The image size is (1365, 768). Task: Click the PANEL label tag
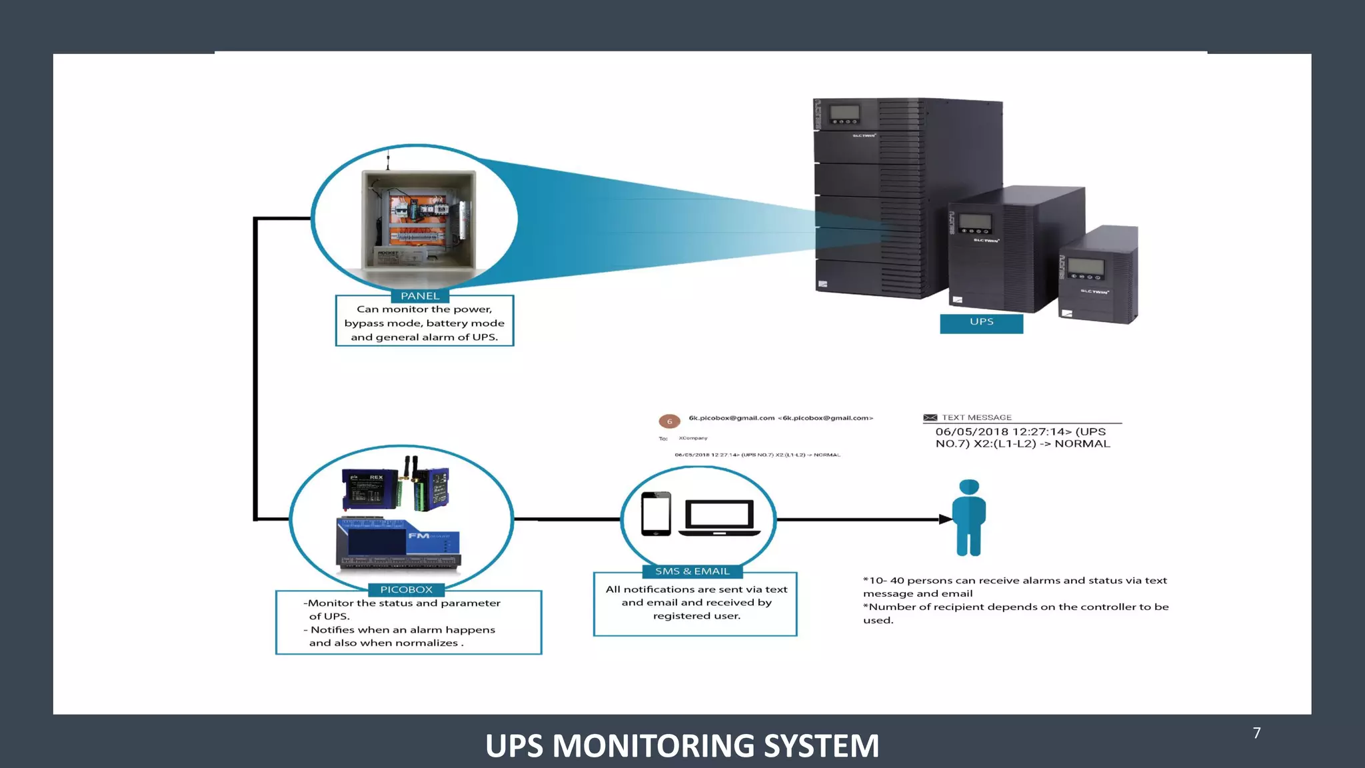(x=420, y=296)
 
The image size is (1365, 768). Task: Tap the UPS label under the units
(x=981, y=323)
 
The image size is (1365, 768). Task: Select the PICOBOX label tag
(x=407, y=590)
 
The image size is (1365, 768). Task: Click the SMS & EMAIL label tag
(x=692, y=571)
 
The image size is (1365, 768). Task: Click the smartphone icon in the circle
(x=656, y=513)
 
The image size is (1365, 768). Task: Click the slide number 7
(x=1256, y=733)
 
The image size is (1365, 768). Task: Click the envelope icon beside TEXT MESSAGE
(x=930, y=418)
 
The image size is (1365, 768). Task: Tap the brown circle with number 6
(x=669, y=421)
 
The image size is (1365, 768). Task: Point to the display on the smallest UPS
(x=1086, y=267)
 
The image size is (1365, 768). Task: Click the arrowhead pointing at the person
(x=945, y=519)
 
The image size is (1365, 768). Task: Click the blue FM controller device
(x=399, y=544)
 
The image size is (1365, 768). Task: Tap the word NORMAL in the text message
(x=1082, y=444)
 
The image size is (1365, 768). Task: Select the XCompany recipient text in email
(x=693, y=439)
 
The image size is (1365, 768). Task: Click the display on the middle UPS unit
(x=975, y=223)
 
